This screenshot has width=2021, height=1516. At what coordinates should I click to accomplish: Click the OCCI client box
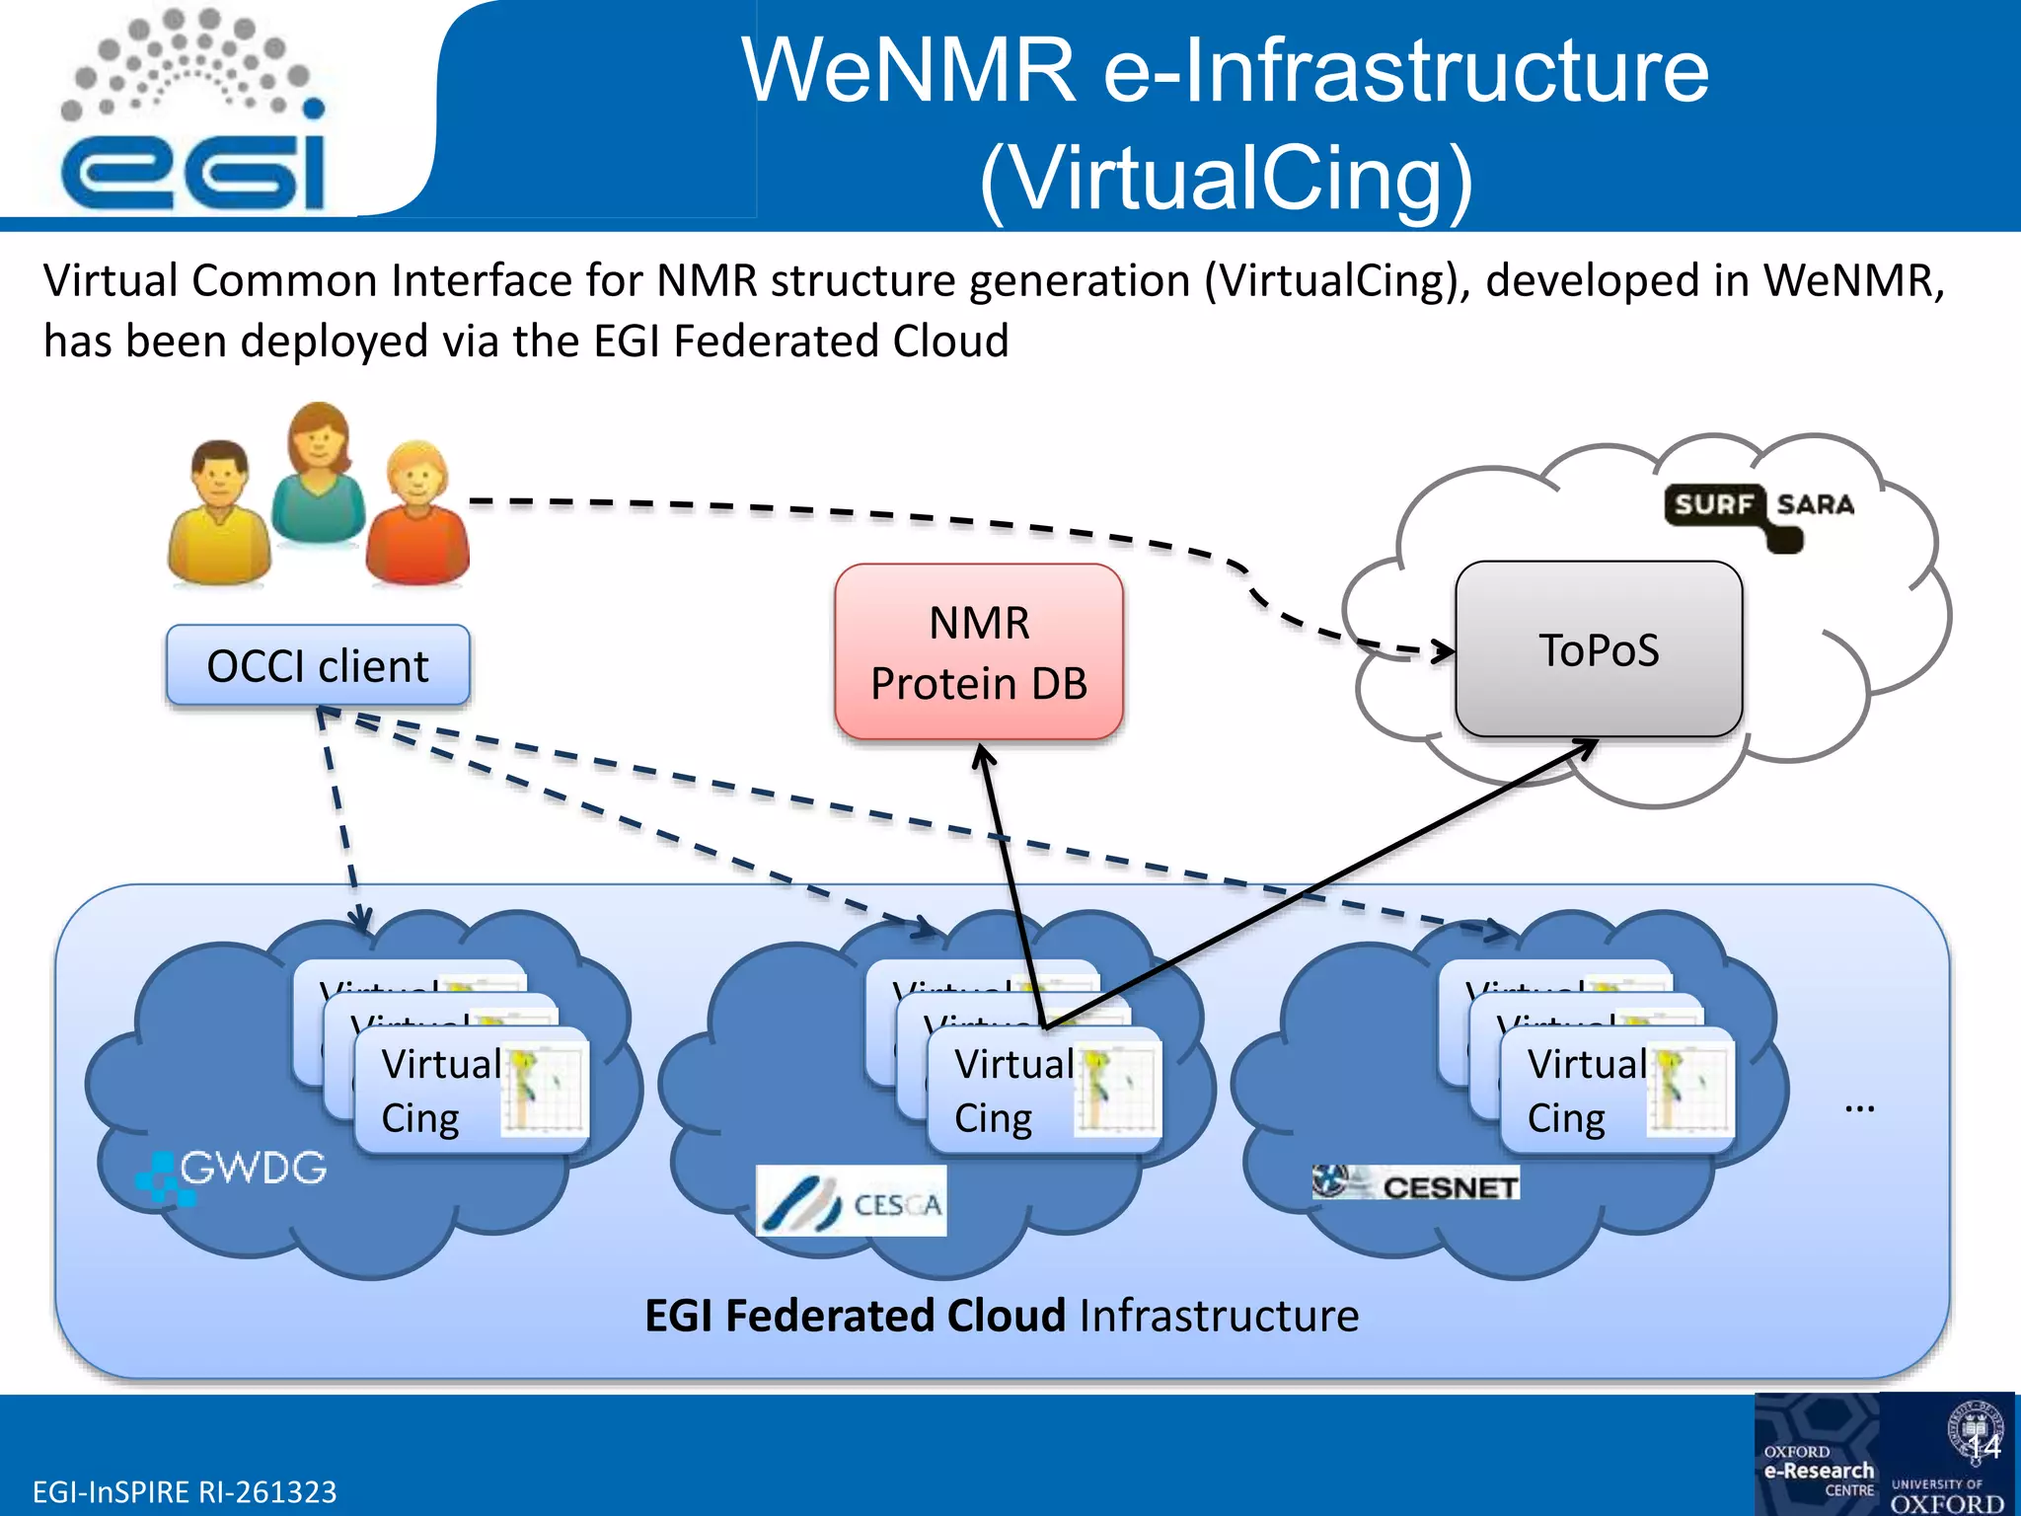[318, 666]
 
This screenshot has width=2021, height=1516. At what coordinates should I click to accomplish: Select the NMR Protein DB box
[979, 652]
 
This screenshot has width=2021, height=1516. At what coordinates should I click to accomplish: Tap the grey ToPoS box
[1599, 649]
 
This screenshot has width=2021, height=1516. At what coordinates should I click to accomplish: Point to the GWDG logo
[233, 1173]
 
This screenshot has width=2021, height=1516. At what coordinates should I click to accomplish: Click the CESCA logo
[851, 1201]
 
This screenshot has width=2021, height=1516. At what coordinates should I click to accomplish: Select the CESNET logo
[1416, 1183]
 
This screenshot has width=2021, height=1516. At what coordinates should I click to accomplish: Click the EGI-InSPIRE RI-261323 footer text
[185, 1491]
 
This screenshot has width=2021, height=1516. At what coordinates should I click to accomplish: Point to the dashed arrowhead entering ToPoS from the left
[1444, 651]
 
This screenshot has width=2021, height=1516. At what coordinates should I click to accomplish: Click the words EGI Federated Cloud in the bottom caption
[855, 1316]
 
